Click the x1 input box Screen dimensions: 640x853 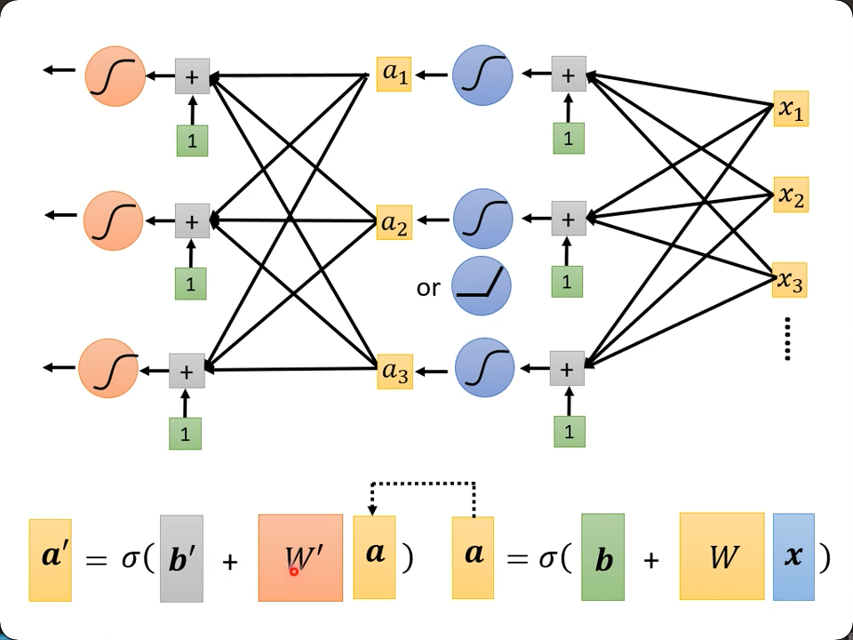(x=791, y=108)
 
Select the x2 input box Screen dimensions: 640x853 (x=791, y=195)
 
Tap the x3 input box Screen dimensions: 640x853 (x=790, y=281)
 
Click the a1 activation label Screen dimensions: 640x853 (x=395, y=74)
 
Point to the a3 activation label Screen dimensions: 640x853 (x=395, y=372)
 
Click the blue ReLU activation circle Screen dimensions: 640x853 (x=482, y=286)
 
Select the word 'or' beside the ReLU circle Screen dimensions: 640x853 (x=428, y=288)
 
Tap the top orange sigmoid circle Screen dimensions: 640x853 (x=116, y=76)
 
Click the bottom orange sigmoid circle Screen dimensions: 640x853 (x=108, y=368)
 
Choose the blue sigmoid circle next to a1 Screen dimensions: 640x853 (x=482, y=76)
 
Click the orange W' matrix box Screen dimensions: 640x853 (x=300, y=557)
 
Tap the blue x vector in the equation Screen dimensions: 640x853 (x=793, y=557)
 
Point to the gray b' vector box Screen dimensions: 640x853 (x=182, y=558)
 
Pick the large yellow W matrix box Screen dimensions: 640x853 (x=721, y=556)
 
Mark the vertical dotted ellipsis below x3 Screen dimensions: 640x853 (x=788, y=340)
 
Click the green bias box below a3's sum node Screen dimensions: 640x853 (x=569, y=431)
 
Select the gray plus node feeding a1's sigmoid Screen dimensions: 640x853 (x=569, y=74)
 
